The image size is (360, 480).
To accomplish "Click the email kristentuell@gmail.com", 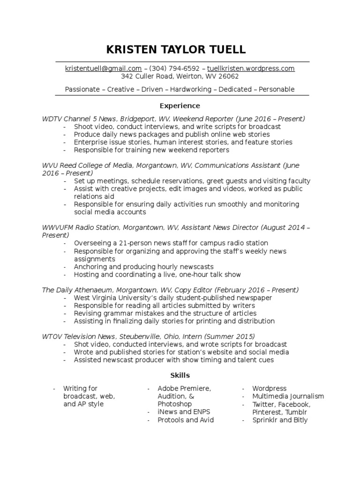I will coord(103,68).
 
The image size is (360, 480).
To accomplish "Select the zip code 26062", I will coord(229,76).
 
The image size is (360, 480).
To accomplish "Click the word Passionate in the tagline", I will coord(82,89).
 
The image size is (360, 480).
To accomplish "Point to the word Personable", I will coord(277,89).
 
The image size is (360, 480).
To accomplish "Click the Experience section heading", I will coord(180,105).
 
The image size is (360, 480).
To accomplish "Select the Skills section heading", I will coord(180,375).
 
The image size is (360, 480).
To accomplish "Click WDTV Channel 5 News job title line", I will coord(173,119).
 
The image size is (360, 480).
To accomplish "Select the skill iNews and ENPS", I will coord(184,412).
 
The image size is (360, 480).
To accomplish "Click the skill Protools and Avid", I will coord(186,420).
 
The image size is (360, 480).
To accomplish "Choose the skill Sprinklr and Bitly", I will coord(280,420).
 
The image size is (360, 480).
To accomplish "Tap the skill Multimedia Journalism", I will coord(288,397).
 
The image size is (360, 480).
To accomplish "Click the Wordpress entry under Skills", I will coord(269,389).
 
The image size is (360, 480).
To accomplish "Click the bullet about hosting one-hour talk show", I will coord(157,275).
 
